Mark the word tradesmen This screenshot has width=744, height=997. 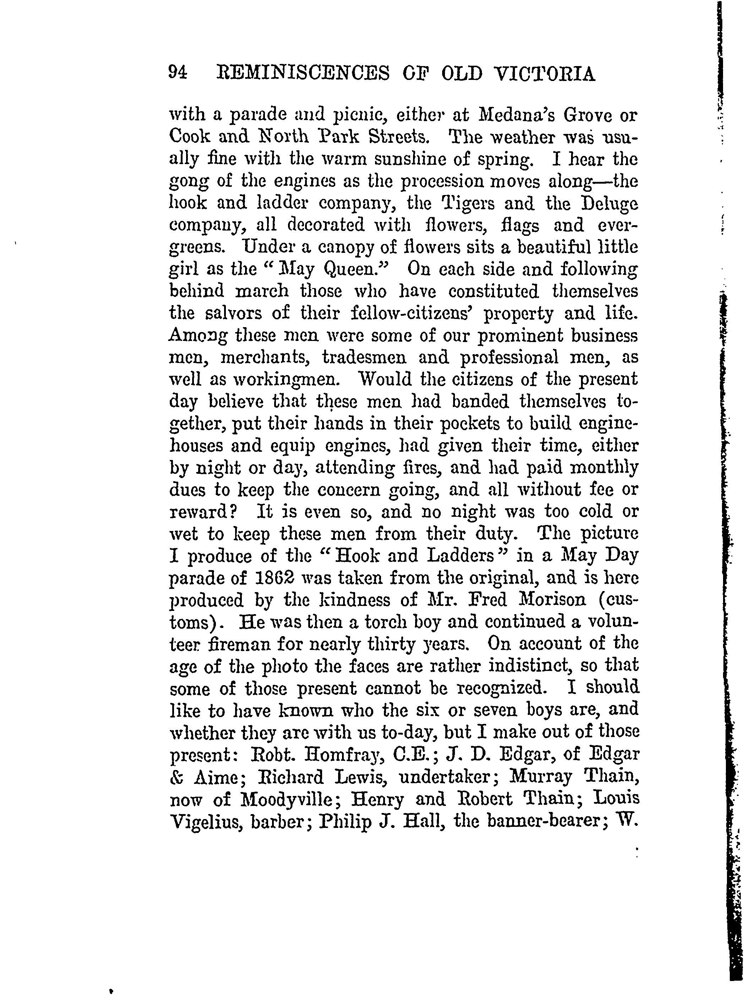coord(365,358)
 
